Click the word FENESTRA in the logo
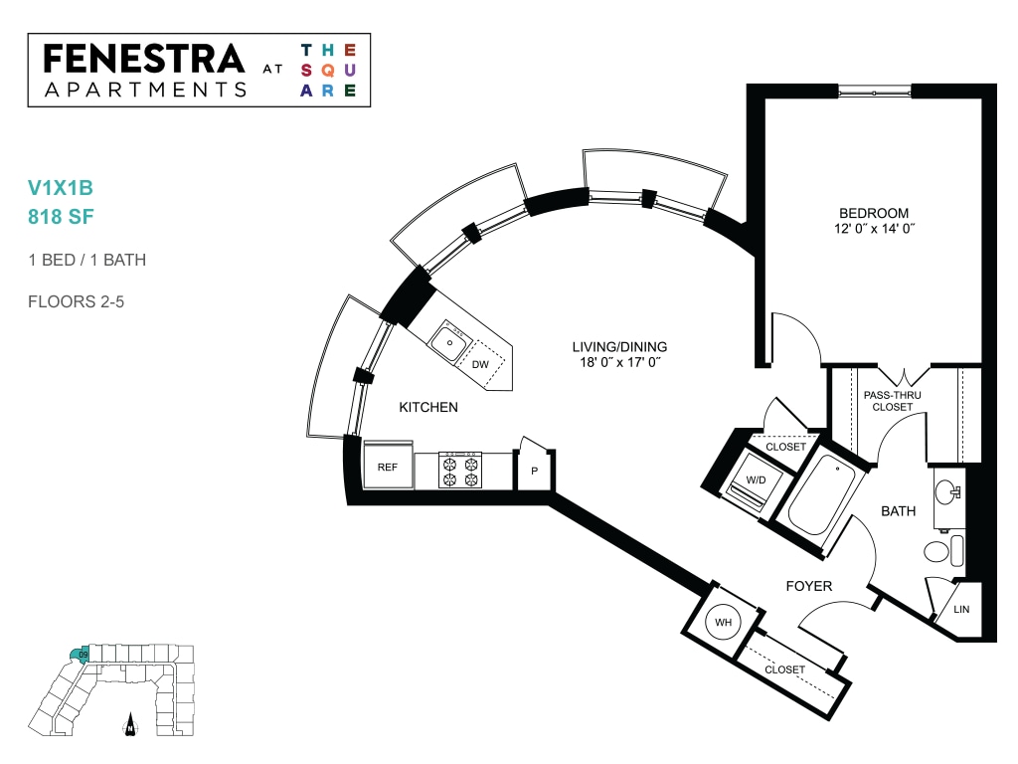coord(143,59)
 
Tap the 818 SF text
coord(61,216)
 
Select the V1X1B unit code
coord(61,188)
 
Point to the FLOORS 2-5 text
coord(76,301)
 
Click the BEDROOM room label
coord(874,213)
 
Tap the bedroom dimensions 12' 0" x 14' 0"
coord(874,229)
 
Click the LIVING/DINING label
coord(619,347)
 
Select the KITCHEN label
coord(428,407)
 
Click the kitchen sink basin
coord(449,342)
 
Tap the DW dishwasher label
coord(480,364)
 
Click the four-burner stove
coord(460,471)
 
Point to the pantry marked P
coord(534,468)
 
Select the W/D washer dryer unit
coord(757,481)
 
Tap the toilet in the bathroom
coord(942,551)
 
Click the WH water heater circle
coord(724,622)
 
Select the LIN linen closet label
coord(961,610)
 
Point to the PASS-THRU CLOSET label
coord(892,401)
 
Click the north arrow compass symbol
coord(130,724)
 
